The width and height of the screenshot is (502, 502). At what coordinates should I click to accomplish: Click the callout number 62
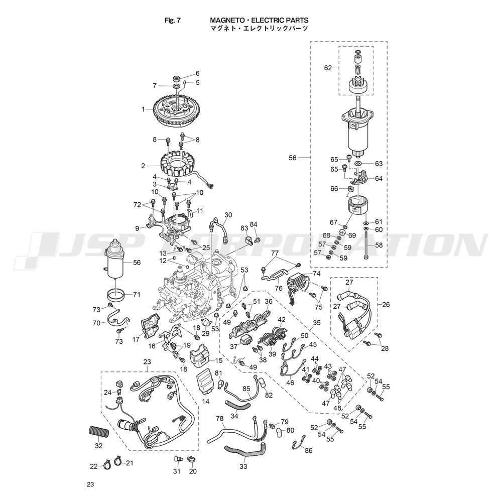click(x=328, y=68)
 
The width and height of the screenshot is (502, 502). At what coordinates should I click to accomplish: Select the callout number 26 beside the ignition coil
click(x=386, y=304)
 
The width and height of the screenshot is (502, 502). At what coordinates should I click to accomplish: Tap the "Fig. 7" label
click(x=173, y=20)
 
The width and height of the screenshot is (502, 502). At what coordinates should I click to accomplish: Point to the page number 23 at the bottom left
click(x=90, y=484)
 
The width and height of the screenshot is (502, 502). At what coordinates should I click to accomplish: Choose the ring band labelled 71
click(x=115, y=293)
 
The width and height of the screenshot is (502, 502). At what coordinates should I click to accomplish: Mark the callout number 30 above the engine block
click(x=228, y=215)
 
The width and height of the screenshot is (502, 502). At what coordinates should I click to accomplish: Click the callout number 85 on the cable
click(x=246, y=390)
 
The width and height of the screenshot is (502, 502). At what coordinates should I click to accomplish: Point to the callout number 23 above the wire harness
click(x=147, y=362)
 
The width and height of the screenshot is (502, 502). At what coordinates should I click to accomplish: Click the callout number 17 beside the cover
click(x=136, y=340)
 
